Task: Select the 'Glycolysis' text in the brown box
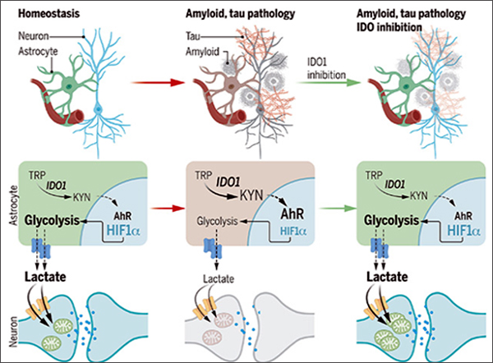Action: coord(217,222)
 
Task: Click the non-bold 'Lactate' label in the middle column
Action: coord(217,280)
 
